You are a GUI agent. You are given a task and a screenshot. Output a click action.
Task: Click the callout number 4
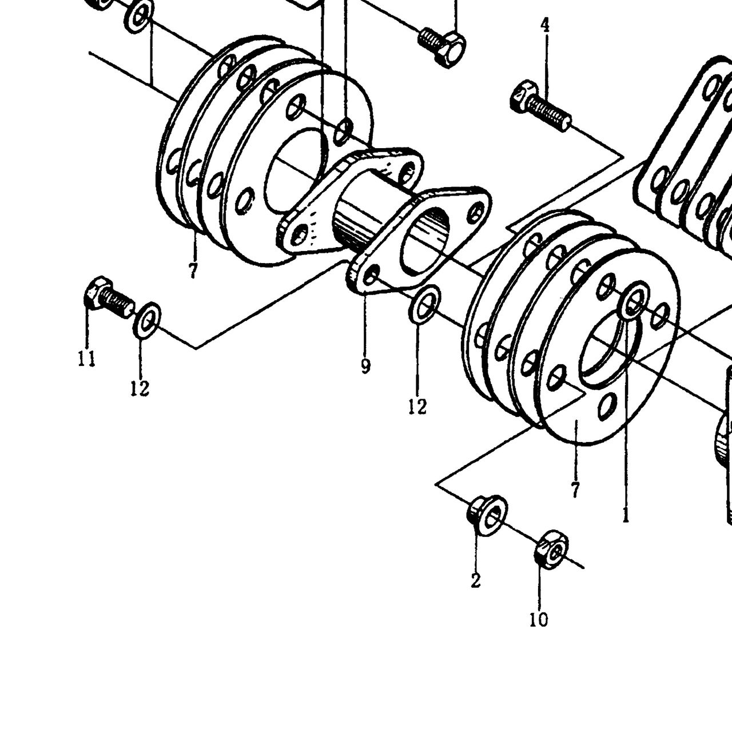[x=545, y=25]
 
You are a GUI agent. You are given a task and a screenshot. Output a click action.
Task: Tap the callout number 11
[x=86, y=358]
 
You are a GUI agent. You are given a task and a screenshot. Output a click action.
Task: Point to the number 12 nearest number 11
[x=140, y=388]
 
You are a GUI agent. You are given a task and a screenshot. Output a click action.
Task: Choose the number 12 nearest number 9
[x=417, y=407]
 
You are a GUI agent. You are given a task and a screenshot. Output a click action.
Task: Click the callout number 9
[x=365, y=366]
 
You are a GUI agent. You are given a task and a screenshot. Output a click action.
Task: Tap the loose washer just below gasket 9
[x=424, y=305]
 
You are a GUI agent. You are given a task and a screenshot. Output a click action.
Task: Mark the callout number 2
[x=476, y=580]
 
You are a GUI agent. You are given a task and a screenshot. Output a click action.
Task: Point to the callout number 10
[x=539, y=619]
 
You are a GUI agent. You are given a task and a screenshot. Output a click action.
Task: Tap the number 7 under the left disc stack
[x=193, y=271]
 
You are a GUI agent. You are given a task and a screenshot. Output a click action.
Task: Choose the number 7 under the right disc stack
[x=575, y=490]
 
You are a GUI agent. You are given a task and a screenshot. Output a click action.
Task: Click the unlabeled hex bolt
[x=443, y=47]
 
